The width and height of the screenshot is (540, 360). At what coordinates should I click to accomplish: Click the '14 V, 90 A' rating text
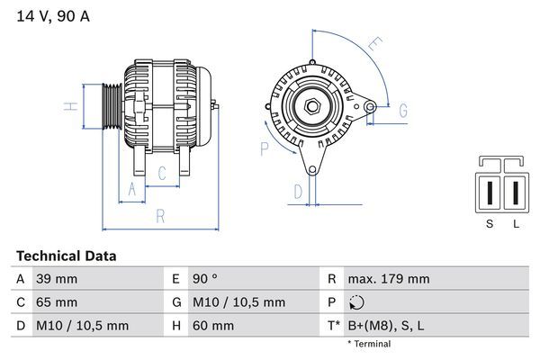click(x=53, y=16)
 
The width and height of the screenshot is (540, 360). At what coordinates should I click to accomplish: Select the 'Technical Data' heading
click(x=67, y=256)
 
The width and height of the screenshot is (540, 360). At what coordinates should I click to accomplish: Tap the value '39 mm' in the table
click(x=57, y=279)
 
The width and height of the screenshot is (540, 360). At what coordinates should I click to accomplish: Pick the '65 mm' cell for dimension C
click(x=57, y=302)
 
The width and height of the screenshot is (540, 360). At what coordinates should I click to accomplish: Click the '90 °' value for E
click(x=205, y=279)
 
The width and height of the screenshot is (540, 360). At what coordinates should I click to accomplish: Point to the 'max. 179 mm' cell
click(x=389, y=279)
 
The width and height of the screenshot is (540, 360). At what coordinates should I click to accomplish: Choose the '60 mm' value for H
click(x=213, y=326)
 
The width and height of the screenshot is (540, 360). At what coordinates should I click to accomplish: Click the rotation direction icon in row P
click(x=356, y=302)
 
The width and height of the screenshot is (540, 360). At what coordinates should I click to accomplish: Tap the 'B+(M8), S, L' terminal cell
click(x=386, y=326)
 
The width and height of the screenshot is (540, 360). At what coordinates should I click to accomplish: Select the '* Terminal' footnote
click(x=369, y=344)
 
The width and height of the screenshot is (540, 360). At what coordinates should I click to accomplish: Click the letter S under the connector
click(x=490, y=224)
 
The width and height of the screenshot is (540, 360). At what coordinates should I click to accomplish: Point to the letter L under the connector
click(x=516, y=224)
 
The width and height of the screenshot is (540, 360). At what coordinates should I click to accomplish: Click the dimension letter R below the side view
click(x=160, y=216)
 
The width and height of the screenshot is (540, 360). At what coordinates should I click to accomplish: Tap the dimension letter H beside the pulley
click(x=70, y=106)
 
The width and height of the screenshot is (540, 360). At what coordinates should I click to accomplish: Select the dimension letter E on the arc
click(x=375, y=44)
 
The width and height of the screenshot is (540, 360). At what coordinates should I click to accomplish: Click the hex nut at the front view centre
click(x=312, y=106)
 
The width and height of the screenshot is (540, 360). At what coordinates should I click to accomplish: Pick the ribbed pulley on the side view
click(x=112, y=106)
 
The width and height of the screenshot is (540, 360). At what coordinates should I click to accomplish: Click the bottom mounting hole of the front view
click(x=312, y=170)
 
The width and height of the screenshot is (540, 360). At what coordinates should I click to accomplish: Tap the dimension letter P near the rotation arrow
click(x=264, y=149)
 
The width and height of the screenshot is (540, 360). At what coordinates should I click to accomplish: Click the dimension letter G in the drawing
click(x=403, y=111)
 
